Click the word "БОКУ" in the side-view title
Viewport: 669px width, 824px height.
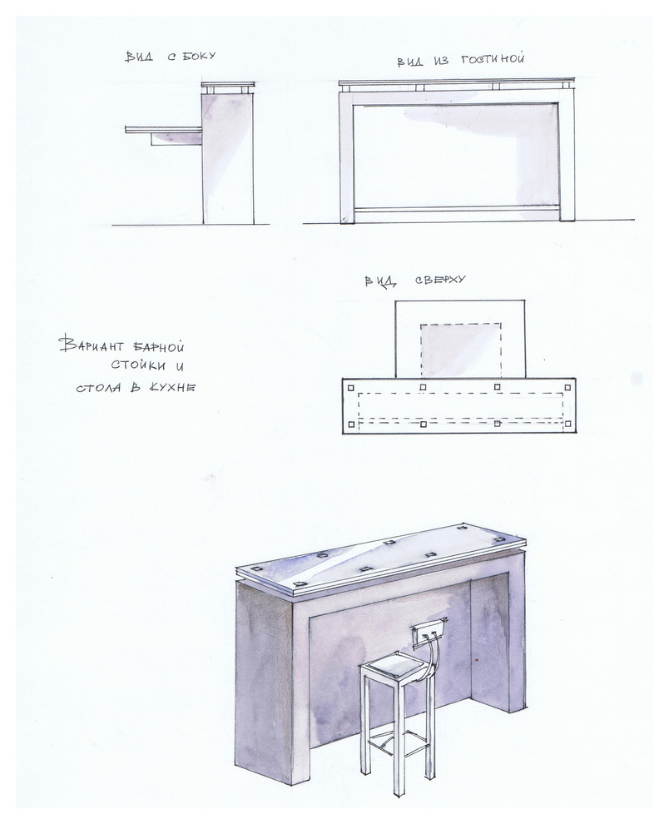[199, 56]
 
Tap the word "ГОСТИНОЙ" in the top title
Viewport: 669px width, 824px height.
[493, 58]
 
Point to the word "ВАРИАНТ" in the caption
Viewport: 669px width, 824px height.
[92, 345]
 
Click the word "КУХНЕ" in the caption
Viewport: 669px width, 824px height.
[172, 388]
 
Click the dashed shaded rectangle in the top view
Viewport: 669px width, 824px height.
[461, 350]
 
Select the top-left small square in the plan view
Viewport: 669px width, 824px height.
[350, 388]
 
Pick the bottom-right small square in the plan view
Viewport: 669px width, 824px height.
[568, 424]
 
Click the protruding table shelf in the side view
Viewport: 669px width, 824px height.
[163, 129]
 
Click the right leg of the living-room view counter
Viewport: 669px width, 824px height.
[567, 156]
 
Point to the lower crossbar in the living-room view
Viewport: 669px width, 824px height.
[456, 209]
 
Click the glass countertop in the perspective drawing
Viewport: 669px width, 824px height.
[381, 559]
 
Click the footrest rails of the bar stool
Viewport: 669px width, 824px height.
[397, 742]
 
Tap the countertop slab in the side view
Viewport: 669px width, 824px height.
[228, 85]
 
